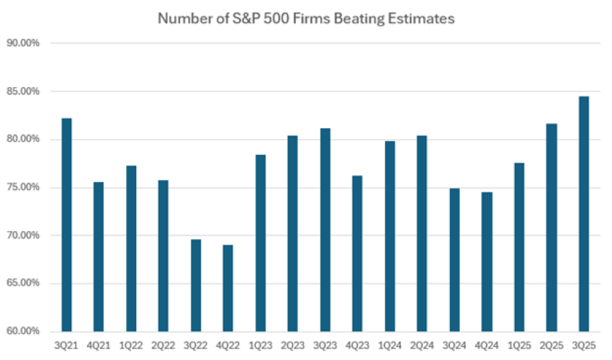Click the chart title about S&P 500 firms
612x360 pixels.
306,19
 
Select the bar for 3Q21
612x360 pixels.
66,224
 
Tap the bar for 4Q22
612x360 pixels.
228,288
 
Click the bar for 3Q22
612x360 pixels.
196,285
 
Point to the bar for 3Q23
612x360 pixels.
325,230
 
